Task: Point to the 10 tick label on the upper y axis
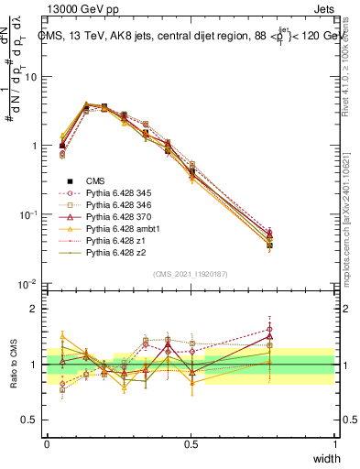(32, 77)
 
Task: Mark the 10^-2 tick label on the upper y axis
(30, 283)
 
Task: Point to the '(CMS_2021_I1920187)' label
(191, 273)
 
